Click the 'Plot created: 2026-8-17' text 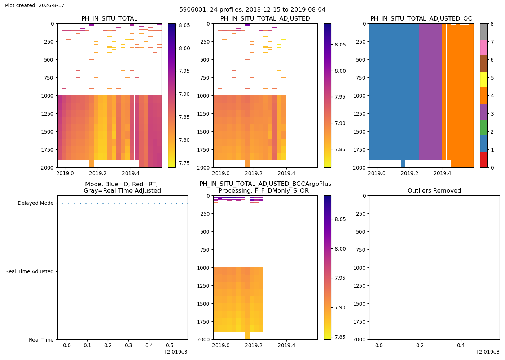coord(35,5)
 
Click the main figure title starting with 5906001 coord(252,10)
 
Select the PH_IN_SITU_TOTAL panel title coord(109,18)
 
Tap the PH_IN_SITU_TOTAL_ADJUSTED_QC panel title coord(421,18)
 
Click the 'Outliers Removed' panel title coord(434,190)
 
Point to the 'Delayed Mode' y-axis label coord(36,203)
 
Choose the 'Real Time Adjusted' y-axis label coord(30,271)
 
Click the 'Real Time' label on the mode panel coord(41,340)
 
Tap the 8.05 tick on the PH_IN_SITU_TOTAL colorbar coord(184,25)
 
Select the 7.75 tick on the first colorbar coord(184,163)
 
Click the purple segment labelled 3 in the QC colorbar coord(484,112)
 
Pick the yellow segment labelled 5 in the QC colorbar coord(484,80)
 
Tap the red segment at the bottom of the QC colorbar coord(484,159)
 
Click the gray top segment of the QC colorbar coord(484,32)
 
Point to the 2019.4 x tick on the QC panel coord(442,173)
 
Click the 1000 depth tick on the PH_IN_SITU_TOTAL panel coord(47,96)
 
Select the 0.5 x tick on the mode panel coord(170,345)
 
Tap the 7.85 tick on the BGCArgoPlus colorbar coord(340,337)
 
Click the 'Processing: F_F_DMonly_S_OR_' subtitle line coord(265,191)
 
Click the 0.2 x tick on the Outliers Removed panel coord(420,345)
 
